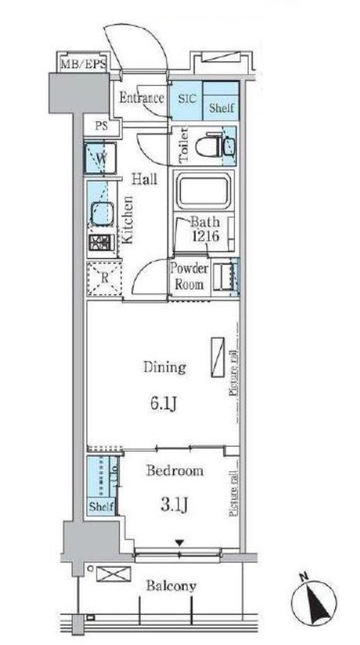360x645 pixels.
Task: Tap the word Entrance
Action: click(141, 98)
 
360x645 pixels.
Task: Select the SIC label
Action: click(188, 98)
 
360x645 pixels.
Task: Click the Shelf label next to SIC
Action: click(222, 109)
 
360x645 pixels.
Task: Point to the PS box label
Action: click(101, 127)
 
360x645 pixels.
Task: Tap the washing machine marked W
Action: click(101, 158)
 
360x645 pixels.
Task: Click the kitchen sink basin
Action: click(101, 212)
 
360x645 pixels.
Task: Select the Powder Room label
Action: click(189, 276)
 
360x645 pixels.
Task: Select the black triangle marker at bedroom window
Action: click(179, 545)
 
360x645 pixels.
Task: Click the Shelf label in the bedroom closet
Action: click(100, 507)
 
